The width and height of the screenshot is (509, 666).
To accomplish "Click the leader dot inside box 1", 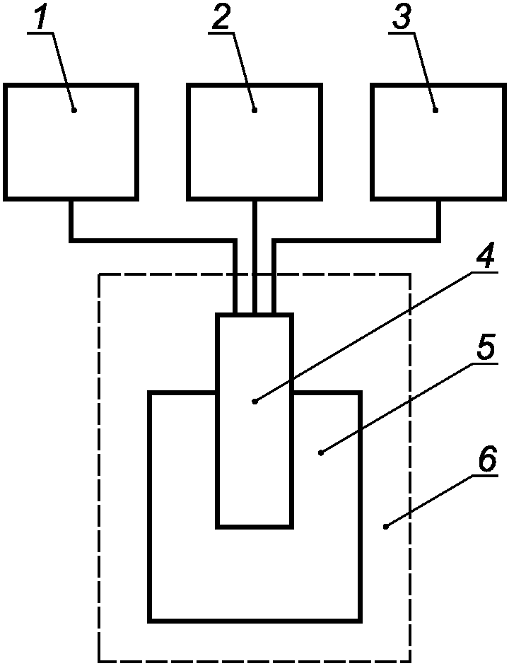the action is tap(74, 110).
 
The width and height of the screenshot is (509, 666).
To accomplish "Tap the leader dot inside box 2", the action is tap(255, 110).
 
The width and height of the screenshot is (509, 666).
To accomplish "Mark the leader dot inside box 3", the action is tap(435, 110).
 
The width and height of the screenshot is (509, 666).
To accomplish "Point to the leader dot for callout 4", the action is tap(255, 401).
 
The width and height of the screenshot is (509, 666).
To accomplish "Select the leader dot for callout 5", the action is tap(321, 453).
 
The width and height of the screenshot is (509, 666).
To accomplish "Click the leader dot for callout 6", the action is tap(386, 527).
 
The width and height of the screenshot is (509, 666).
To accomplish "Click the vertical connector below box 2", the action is tap(255, 257).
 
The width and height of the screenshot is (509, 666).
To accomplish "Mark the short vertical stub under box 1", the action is tap(71, 219).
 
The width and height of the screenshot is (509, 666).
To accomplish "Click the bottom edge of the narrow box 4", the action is tap(255, 527).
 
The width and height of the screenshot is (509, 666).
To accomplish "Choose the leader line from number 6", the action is tap(442, 502).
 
